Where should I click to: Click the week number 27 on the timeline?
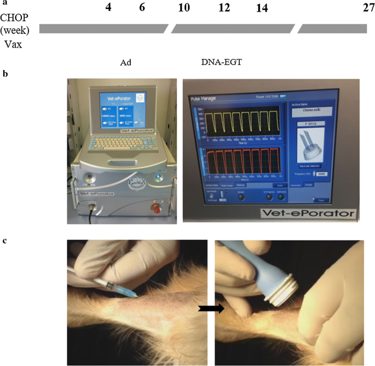(360, 9)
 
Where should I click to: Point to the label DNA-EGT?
(221, 62)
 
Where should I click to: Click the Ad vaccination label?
(125, 62)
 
